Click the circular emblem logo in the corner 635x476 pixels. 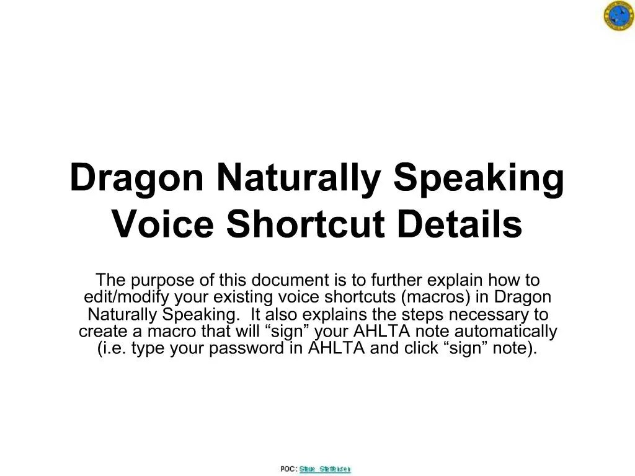click(618, 17)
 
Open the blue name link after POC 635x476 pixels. click(325, 469)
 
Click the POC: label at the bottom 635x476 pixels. click(288, 469)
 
